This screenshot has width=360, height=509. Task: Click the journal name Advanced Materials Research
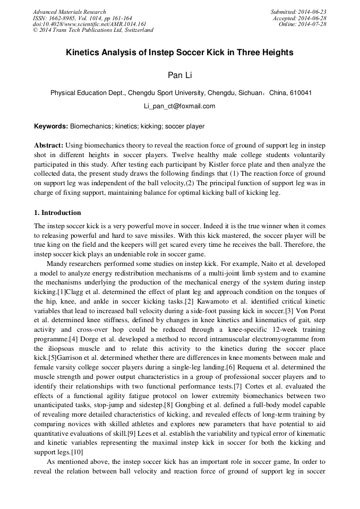(x=69, y=12)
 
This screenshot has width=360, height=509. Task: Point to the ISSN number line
(x=82, y=18)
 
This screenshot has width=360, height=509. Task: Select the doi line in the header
(x=89, y=24)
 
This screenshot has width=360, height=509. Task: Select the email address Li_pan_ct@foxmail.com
(x=179, y=106)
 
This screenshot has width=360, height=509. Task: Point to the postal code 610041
(x=301, y=93)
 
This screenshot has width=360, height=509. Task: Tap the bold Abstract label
(x=49, y=145)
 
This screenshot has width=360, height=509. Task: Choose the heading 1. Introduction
(x=57, y=213)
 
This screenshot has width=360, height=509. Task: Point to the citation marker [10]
(x=75, y=452)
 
